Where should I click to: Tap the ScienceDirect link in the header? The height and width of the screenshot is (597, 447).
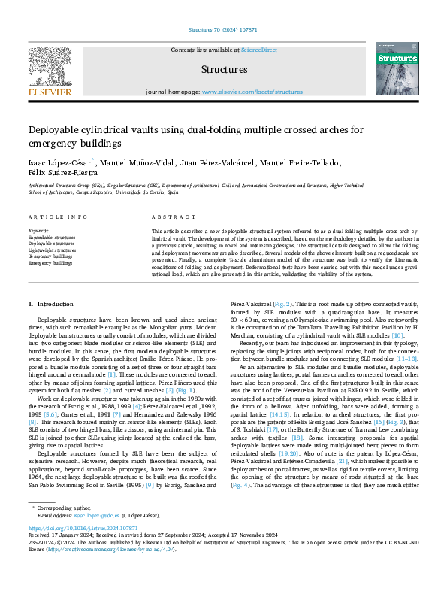click(258, 50)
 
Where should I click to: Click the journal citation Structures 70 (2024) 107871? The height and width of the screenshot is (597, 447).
click(223, 30)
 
